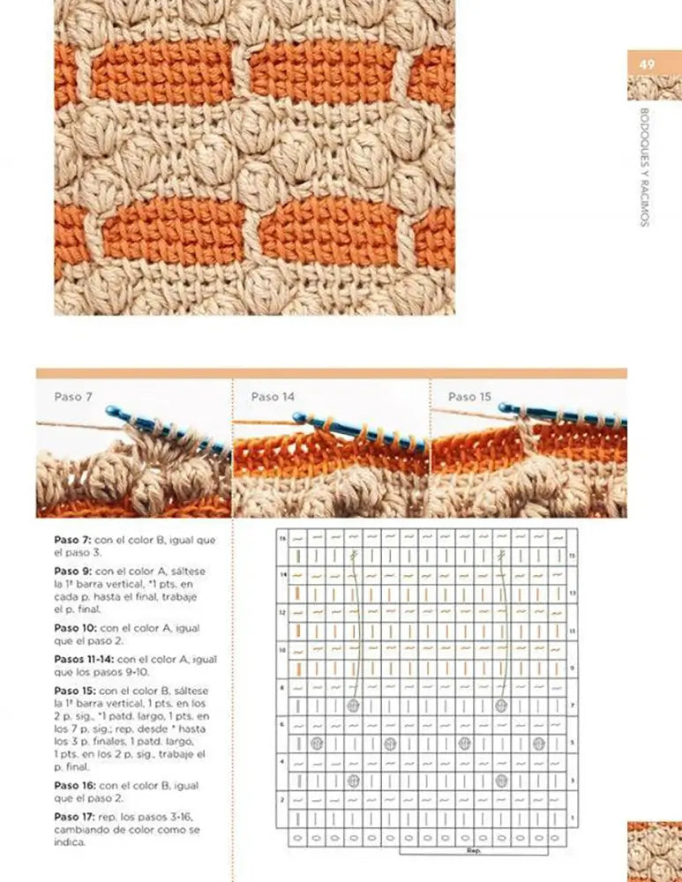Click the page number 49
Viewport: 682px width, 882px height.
click(648, 64)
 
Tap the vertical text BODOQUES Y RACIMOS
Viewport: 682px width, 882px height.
click(644, 167)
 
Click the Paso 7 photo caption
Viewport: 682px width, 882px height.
click(73, 397)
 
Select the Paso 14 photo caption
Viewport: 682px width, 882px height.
click(273, 397)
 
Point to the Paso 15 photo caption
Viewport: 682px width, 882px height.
click(469, 397)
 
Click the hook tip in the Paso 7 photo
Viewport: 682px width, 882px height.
click(109, 410)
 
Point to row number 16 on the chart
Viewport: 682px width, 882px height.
click(283, 538)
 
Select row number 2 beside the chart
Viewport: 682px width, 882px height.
click(283, 798)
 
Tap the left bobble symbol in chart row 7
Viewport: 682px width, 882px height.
click(353, 706)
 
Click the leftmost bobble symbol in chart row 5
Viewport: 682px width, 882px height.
click(316, 743)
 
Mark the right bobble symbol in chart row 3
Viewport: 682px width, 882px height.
click(501, 780)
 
